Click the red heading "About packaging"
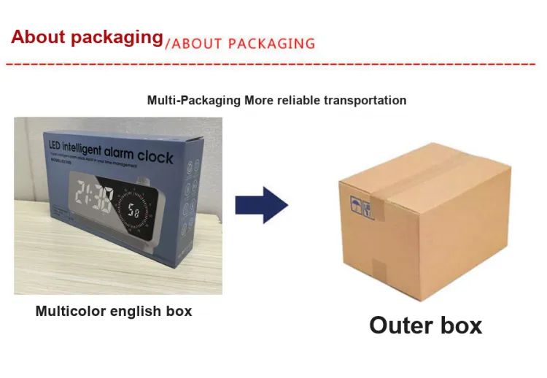[87, 37]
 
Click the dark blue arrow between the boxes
[261, 205]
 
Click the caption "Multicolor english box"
[114, 311]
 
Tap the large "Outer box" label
[425, 325]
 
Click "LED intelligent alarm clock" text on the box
[111, 151]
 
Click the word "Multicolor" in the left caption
[70, 311]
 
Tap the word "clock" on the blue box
[155, 157]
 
